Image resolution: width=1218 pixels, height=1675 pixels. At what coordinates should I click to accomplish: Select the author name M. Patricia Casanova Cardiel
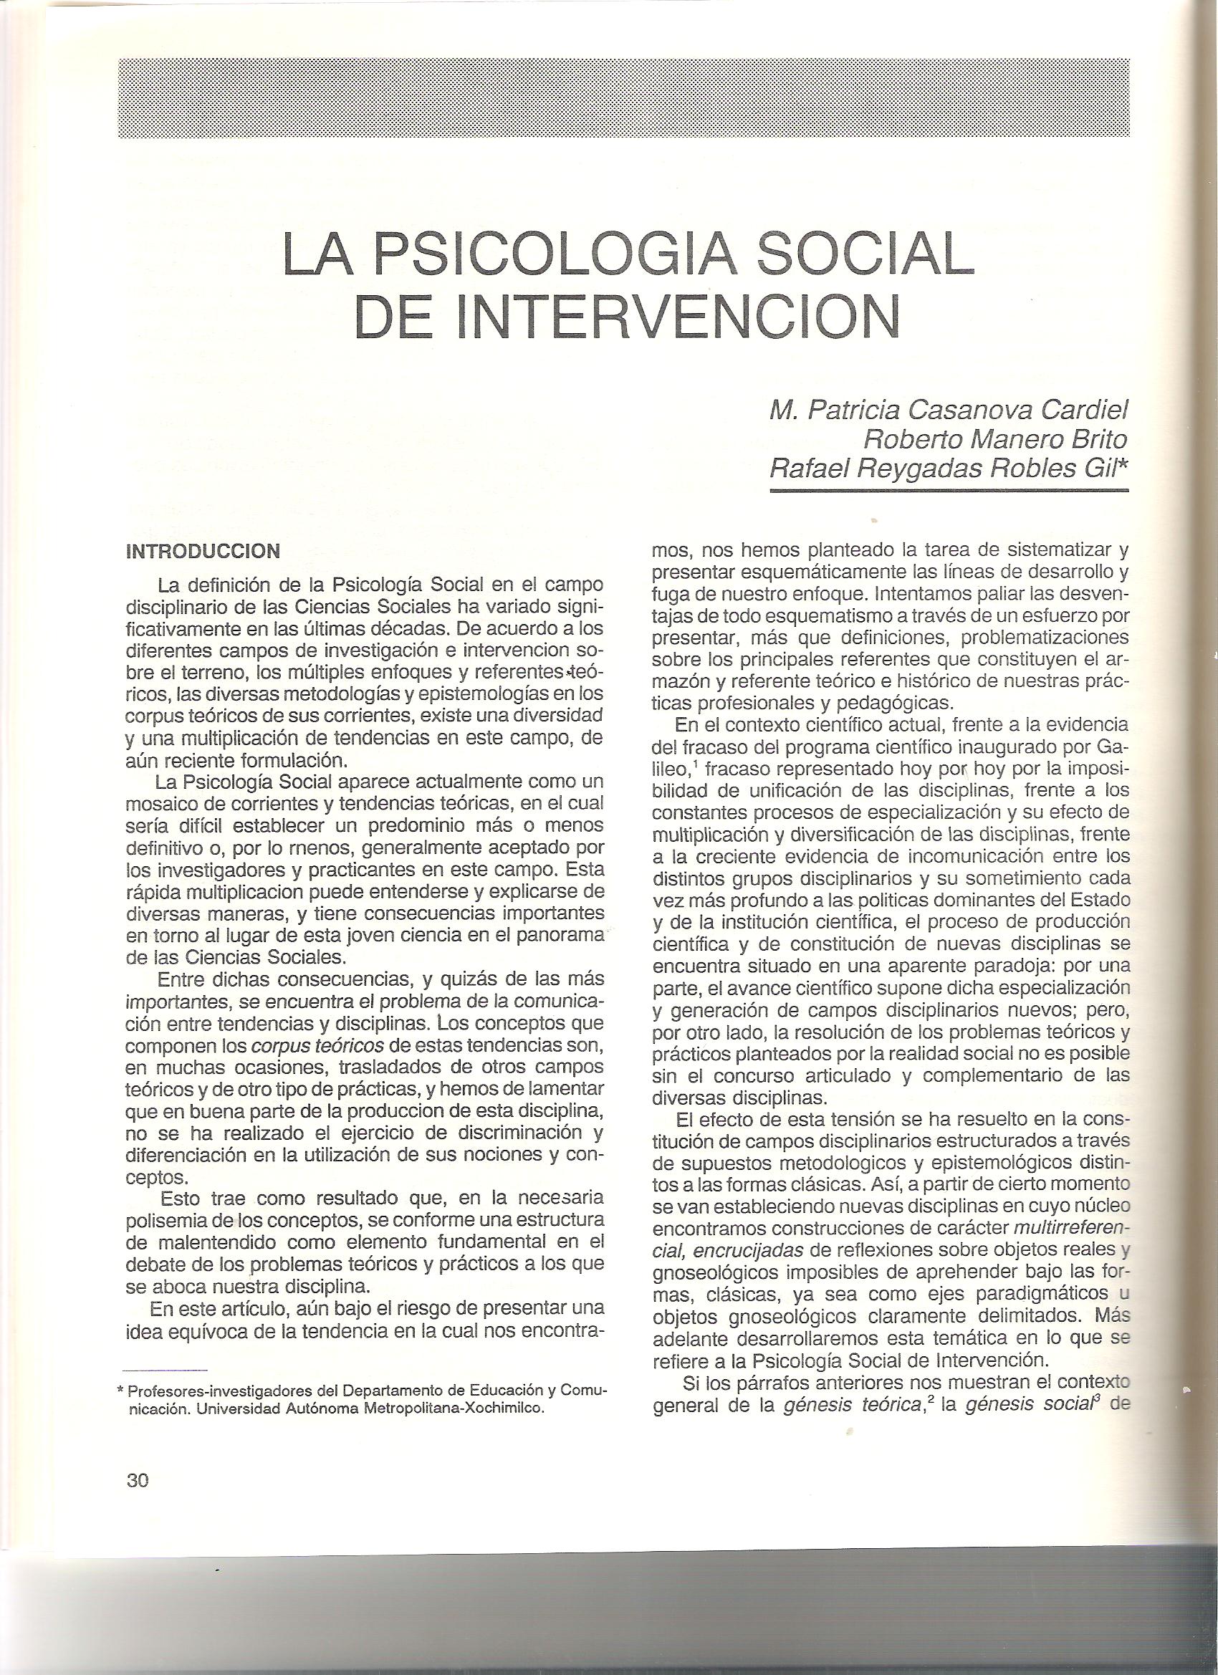click(x=949, y=411)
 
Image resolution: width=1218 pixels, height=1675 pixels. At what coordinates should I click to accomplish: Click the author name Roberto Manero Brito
click(x=996, y=440)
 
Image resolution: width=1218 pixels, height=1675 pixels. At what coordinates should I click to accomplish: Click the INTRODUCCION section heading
click(x=203, y=551)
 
